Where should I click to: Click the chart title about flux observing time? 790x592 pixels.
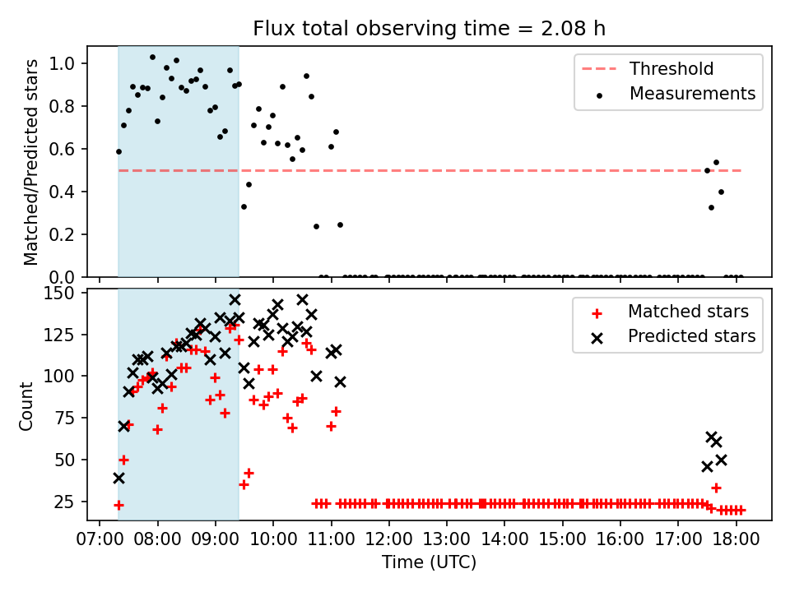pyautogui.click(x=429, y=28)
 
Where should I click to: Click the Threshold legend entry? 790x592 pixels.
pyautogui.click(x=648, y=68)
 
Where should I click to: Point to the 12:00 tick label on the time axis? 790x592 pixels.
pyautogui.click(x=388, y=539)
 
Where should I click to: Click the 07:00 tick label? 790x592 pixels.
pyautogui.click(x=100, y=539)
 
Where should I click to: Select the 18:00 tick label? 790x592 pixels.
pyautogui.click(x=736, y=539)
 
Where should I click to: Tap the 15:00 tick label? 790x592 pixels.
pyautogui.click(x=562, y=539)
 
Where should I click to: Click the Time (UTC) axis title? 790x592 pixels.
pyautogui.click(x=429, y=562)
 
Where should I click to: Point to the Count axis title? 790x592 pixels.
pyautogui.click(x=26, y=406)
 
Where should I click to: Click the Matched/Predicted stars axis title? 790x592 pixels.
pyautogui.click(x=30, y=162)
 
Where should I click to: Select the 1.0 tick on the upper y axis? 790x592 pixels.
pyautogui.click(x=62, y=63)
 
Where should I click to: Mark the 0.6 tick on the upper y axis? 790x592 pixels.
pyautogui.click(x=62, y=149)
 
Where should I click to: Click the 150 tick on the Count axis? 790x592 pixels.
pyautogui.click(x=58, y=293)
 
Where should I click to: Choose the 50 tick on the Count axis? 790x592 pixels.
pyautogui.click(x=64, y=460)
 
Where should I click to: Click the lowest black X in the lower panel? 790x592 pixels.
pyautogui.click(x=118, y=479)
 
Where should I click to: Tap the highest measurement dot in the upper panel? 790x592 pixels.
pyautogui.click(x=153, y=58)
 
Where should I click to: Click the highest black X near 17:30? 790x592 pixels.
pyautogui.click(x=711, y=437)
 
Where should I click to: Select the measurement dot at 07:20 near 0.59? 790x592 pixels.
pyautogui.click(x=118, y=151)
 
